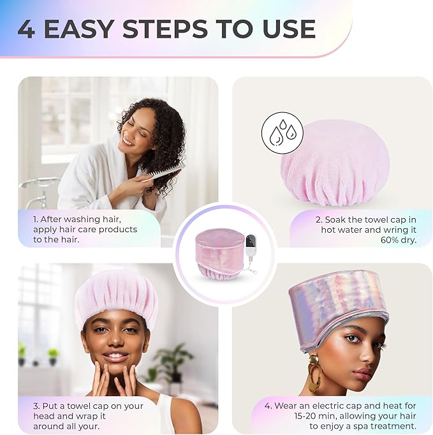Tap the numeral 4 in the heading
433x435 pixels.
pos(26,29)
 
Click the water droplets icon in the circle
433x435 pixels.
pos(281,133)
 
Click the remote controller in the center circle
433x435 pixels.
pos(251,245)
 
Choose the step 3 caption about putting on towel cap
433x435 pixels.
pos(88,415)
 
